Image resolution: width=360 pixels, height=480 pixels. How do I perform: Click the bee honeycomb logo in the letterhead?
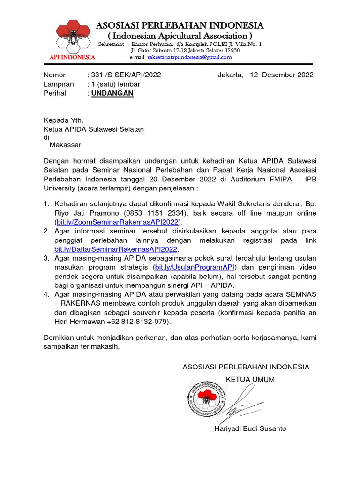[72, 37]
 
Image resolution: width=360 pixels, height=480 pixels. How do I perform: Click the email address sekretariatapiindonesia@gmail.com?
[190, 57]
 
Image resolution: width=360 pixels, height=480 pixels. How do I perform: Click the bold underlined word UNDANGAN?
[112, 93]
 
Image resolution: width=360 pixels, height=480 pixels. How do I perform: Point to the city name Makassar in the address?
[66, 145]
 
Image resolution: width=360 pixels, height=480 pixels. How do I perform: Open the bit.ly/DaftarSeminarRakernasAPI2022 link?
[116, 249]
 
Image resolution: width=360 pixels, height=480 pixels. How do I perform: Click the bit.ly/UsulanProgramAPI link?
[195, 267]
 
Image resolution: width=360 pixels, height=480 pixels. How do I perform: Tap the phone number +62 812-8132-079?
[139, 322]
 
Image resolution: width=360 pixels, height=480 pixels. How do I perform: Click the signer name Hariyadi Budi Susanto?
[250, 428]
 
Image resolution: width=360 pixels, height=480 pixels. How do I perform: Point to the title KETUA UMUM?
[250, 379]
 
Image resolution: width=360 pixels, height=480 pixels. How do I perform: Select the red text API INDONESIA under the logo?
[73, 57]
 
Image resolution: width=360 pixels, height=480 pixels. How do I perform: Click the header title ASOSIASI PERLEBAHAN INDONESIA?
[180, 25]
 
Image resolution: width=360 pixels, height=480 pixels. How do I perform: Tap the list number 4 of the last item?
[46, 294]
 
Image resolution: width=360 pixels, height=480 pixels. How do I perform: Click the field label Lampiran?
[59, 84]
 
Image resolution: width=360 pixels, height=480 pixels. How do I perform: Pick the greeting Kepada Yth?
[63, 120]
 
